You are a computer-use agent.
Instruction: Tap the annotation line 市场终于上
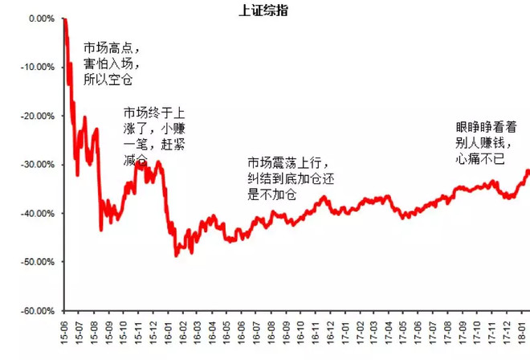tap(153, 112)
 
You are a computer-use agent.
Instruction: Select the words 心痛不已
tap(479, 158)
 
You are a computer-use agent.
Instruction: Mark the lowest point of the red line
tap(177, 256)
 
